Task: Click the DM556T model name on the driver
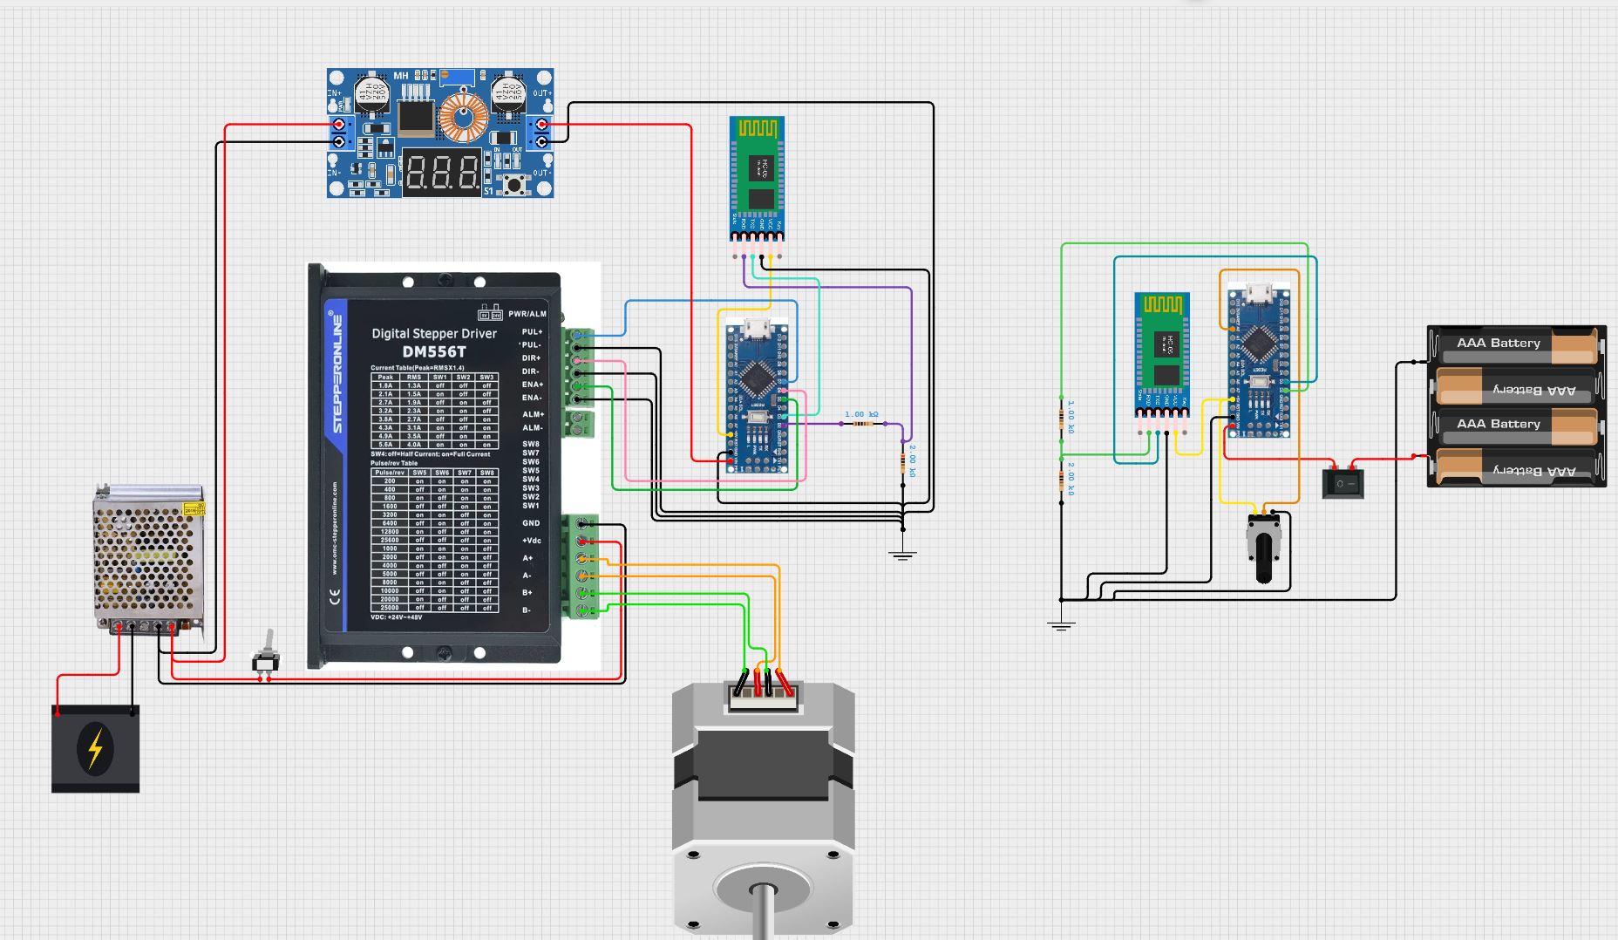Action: [x=434, y=351]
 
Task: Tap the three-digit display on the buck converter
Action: [x=442, y=172]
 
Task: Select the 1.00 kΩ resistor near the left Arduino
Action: [x=862, y=424]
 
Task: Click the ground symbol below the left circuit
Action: [x=903, y=555]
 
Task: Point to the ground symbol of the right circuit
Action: [x=1061, y=624]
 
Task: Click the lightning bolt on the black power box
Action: [x=95, y=748]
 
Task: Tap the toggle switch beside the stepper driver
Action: [x=266, y=654]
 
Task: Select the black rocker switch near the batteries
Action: [x=1343, y=482]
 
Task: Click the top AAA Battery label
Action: [x=1499, y=343]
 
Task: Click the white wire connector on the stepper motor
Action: [x=763, y=696]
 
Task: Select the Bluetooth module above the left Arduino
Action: [x=757, y=178]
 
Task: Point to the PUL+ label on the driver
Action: [x=532, y=332]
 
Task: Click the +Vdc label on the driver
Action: [x=532, y=541]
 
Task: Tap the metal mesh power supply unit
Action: [x=148, y=558]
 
